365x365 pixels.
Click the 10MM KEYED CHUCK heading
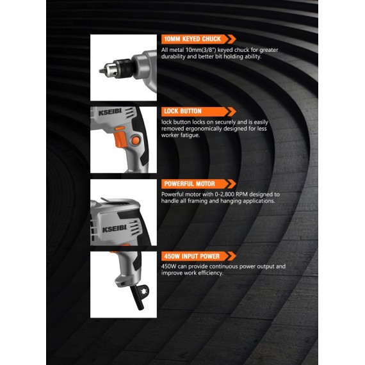tap(193, 38)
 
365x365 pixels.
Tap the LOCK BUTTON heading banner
tap(182, 111)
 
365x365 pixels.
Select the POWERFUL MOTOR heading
tap(188, 184)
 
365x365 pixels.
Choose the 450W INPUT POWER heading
tap(191, 256)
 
